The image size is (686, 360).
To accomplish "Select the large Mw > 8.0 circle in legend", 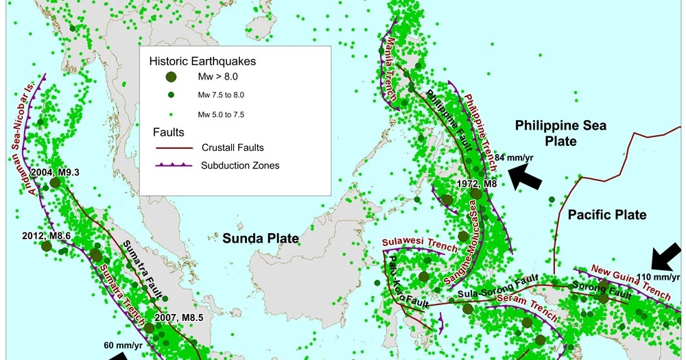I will pyautogui.click(x=171, y=77).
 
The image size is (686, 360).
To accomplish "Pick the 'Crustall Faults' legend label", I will pyautogui.click(x=233, y=147).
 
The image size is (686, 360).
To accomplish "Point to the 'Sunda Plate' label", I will pyautogui.click(x=260, y=239).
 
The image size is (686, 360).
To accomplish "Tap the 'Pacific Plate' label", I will pyautogui.click(x=607, y=215).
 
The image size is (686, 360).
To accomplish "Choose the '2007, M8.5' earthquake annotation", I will pyautogui.click(x=180, y=317).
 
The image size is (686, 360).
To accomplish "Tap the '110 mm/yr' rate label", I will pyautogui.click(x=659, y=277).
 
